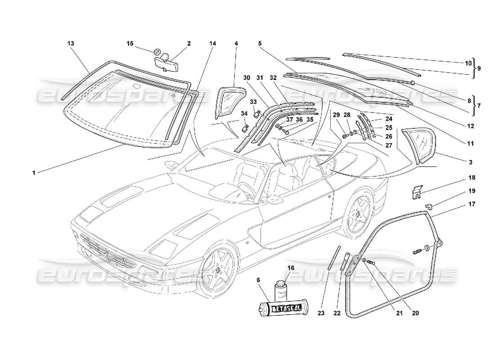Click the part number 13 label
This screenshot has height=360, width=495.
pos(71,44)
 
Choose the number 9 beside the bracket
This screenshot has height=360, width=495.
pos(479,68)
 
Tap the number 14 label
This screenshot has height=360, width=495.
pos(213,44)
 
